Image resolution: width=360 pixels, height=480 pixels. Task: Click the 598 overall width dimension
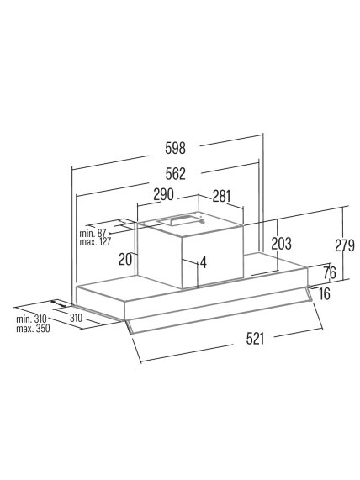click(175, 148)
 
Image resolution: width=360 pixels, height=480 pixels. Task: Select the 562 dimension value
click(175, 174)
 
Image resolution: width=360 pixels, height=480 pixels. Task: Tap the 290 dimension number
click(163, 194)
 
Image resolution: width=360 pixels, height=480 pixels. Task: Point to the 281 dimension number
click(221, 196)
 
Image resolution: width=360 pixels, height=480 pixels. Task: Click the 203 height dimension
click(281, 244)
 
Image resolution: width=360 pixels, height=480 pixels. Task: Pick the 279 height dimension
click(345, 245)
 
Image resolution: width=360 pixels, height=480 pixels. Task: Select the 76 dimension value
click(330, 272)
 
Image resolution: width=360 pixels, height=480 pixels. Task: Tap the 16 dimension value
click(324, 294)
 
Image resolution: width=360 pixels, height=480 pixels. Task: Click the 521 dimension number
click(255, 339)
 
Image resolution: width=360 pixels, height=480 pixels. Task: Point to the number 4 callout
click(204, 262)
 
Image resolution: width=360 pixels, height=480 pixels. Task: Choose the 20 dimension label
click(125, 259)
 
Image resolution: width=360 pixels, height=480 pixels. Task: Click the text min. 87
click(93, 233)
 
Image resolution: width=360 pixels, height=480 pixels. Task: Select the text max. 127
click(95, 242)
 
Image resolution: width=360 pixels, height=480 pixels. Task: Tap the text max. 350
click(33, 329)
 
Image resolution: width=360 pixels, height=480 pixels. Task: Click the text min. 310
click(32, 319)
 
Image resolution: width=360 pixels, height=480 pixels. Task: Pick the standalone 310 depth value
click(76, 319)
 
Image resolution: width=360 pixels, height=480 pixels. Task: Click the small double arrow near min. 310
click(58, 303)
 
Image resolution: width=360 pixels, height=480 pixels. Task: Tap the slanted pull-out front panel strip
click(219, 312)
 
